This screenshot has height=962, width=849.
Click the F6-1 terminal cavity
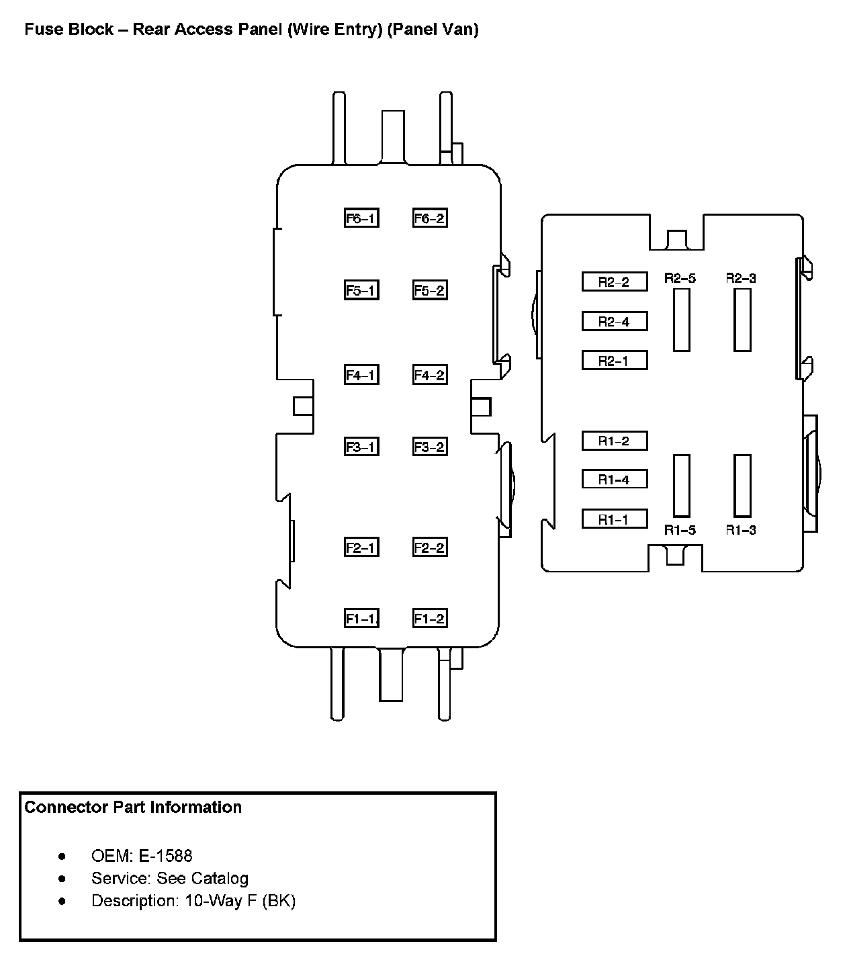click(x=361, y=218)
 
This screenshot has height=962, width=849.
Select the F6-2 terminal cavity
click(x=430, y=218)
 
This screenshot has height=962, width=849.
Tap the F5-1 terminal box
click(x=361, y=290)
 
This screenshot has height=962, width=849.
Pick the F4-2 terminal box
click(x=430, y=375)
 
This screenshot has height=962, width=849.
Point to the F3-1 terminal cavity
click(x=361, y=447)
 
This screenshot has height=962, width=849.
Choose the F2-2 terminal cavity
click(x=430, y=548)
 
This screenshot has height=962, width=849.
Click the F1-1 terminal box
click(x=361, y=619)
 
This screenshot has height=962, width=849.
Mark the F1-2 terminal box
click(x=430, y=619)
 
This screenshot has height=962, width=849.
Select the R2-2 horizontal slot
click(x=614, y=281)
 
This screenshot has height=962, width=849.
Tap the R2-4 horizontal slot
click(x=614, y=321)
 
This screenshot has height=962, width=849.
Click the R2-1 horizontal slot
click(x=614, y=361)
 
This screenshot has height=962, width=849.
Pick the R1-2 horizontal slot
click(x=614, y=441)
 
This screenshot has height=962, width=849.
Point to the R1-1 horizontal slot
click(x=614, y=519)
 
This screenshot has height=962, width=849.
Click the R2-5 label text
click(x=680, y=278)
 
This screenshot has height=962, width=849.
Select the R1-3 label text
click(x=741, y=530)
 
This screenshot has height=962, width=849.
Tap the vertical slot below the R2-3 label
click(x=742, y=320)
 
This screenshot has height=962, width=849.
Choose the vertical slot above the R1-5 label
click(x=681, y=486)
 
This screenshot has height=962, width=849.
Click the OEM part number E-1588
click(x=165, y=856)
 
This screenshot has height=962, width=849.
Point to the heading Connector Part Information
click(x=133, y=807)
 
